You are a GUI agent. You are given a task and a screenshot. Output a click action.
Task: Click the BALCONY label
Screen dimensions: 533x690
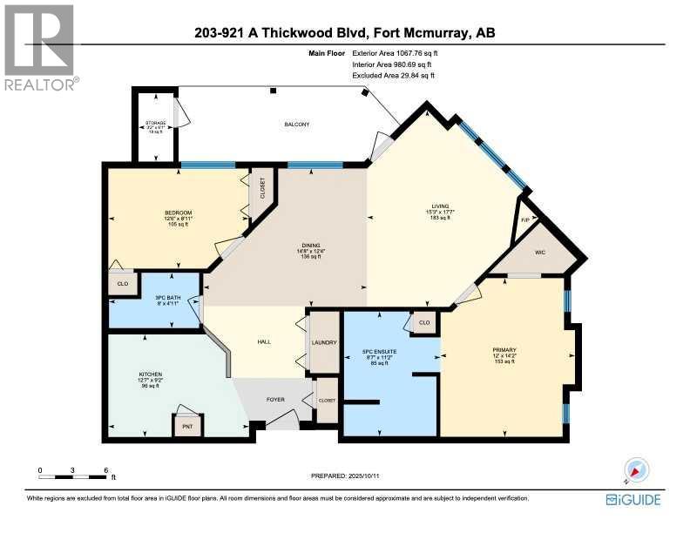[296, 125]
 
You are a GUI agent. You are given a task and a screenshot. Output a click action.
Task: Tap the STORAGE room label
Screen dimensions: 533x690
[154, 125]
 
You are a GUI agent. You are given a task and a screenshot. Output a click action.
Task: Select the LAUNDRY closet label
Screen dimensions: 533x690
[324, 342]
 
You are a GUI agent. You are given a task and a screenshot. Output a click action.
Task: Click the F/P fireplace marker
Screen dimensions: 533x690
[525, 220]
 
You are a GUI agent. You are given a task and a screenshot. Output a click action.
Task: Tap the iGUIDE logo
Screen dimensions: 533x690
[634, 499]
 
